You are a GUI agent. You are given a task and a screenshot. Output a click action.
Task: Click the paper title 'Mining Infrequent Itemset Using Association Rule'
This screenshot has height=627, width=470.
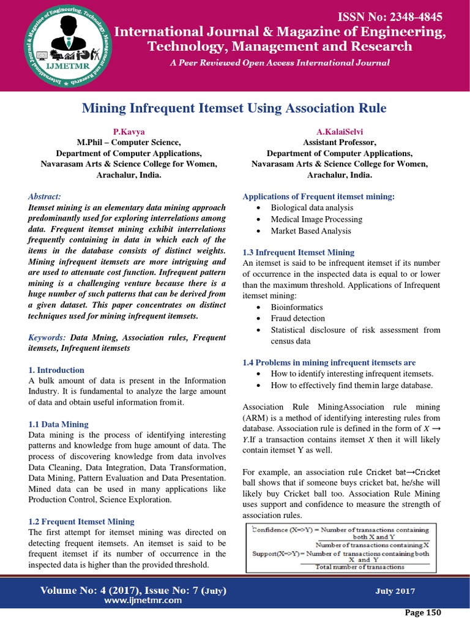pyautogui.click(x=234, y=108)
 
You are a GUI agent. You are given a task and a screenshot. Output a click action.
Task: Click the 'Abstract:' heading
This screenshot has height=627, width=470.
pyautogui.click(x=45, y=196)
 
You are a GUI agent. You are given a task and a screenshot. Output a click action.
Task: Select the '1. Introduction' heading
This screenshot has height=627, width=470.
pyautogui.click(x=56, y=370)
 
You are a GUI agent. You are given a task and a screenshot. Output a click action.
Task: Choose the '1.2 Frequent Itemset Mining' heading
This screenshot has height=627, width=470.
pyautogui.click(x=81, y=521)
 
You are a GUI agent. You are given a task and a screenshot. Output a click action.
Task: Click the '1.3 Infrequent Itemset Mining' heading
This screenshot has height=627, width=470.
pyautogui.click(x=298, y=252)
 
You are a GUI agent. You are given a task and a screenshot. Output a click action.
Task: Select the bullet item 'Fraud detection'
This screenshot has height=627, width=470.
pyautogui.click(x=298, y=318)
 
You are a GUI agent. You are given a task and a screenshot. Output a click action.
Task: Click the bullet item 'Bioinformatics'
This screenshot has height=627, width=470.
pyautogui.click(x=297, y=307)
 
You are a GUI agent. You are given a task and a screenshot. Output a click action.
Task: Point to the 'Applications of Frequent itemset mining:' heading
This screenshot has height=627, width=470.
pyautogui.click(x=319, y=197)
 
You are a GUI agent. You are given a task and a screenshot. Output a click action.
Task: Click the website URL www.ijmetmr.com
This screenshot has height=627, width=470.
pyautogui.click(x=134, y=600)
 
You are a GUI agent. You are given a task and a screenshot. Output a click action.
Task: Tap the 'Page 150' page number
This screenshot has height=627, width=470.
pyautogui.click(x=423, y=612)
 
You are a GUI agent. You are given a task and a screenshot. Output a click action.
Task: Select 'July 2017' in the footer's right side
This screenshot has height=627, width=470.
pyautogui.click(x=395, y=591)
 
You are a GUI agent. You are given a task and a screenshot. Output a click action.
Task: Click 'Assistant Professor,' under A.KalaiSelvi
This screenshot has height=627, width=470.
pyautogui.click(x=339, y=142)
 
